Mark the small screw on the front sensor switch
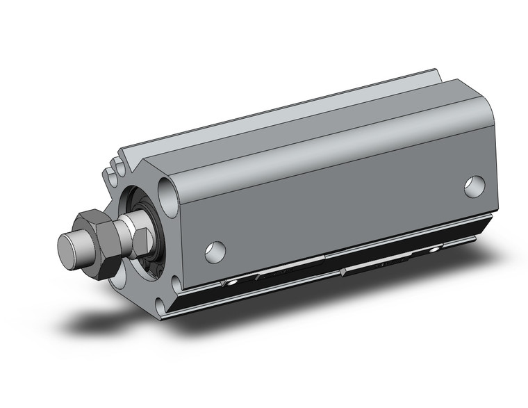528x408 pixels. (x=231, y=283)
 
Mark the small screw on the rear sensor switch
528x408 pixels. (x=434, y=248)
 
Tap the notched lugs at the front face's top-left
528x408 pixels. (x=113, y=170)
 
